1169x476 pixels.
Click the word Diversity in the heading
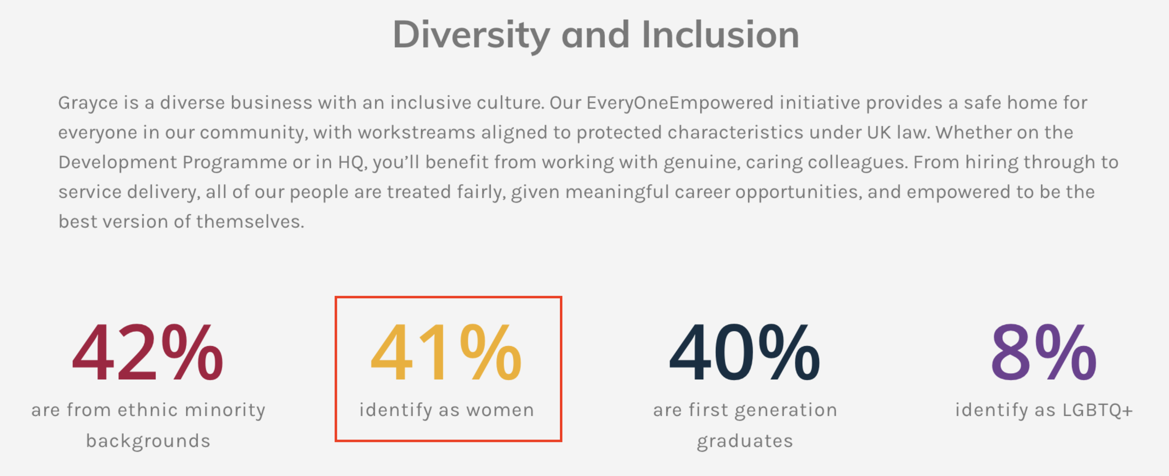pyautogui.click(x=472, y=35)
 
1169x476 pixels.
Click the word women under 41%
pyautogui.click(x=500, y=410)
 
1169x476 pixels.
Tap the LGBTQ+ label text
pyautogui.click(x=1098, y=410)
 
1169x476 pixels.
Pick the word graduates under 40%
pyautogui.click(x=745, y=441)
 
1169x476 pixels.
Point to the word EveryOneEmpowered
pyautogui.click(x=680, y=103)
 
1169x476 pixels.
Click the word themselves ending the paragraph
pyautogui.click(x=250, y=222)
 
